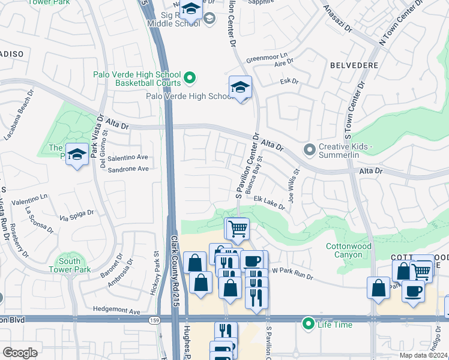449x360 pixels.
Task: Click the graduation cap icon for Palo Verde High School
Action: tap(240, 88)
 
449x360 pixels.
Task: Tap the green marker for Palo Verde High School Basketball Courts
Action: tap(190, 77)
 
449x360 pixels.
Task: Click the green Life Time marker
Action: tap(309, 324)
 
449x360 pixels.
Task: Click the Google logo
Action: tap(20, 352)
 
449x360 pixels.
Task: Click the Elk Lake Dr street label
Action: tap(269, 202)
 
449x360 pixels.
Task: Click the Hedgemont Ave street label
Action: tap(116, 311)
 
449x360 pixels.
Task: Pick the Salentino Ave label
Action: tap(127, 157)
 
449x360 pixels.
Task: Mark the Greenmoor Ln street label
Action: tap(267, 59)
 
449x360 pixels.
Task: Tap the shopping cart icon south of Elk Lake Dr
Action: tap(238, 229)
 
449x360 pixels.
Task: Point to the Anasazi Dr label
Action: tap(337, 19)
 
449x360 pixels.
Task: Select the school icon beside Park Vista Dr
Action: tap(77, 155)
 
